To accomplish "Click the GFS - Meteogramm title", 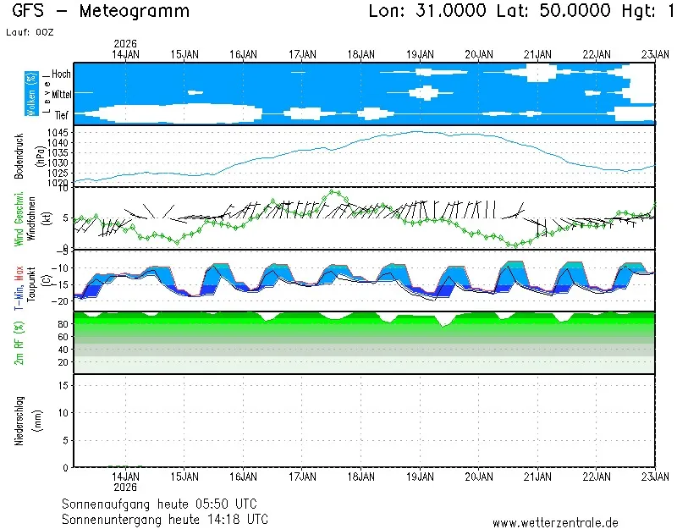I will pyautogui.click(x=101, y=11).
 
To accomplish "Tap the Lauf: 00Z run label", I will pyautogui.click(x=32, y=31).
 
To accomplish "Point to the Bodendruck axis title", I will pyautogui.click(x=19, y=156).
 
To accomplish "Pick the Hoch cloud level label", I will pyautogui.click(x=61, y=74).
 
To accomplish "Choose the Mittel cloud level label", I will pyautogui.click(x=61, y=95).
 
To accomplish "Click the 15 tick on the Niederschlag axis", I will pyautogui.click(x=63, y=385).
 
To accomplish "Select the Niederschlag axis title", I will pyautogui.click(x=19, y=421).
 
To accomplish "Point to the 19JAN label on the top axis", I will pyautogui.click(x=421, y=54).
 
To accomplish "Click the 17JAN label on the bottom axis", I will pyautogui.click(x=302, y=477).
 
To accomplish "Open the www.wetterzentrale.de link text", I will pyautogui.click(x=555, y=523).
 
